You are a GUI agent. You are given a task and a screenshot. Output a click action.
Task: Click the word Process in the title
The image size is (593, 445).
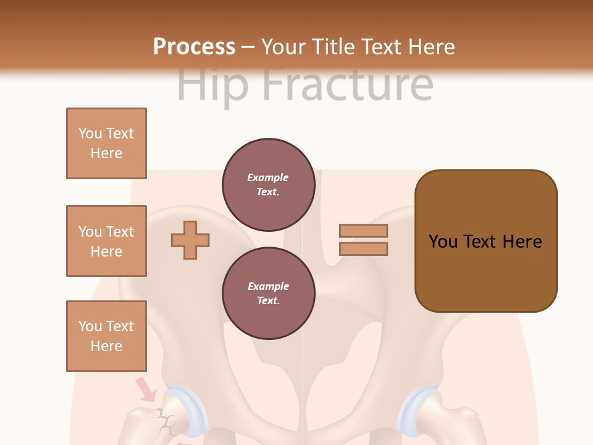(194, 47)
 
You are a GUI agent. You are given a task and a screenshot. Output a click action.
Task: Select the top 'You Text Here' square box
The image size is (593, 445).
(106, 143)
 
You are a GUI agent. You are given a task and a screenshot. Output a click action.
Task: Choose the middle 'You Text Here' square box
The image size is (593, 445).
(106, 241)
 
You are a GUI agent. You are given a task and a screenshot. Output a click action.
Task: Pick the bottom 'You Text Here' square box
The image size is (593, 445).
(106, 336)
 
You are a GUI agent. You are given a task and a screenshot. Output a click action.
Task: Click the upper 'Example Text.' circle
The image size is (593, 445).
(268, 184)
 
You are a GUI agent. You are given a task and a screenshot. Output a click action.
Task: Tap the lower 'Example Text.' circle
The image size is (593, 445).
(268, 293)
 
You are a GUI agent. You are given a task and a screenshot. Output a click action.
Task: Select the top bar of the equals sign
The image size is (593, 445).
(363, 231)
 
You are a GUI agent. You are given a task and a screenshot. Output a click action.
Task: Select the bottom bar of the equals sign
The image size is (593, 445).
(363, 248)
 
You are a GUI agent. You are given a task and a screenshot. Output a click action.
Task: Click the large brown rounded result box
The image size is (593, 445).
(486, 241)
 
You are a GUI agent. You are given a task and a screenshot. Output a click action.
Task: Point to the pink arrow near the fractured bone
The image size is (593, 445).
(146, 389)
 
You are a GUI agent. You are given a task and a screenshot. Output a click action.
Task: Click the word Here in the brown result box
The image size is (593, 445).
(522, 242)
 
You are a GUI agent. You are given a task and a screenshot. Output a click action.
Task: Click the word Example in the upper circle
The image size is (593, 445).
(268, 177)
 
